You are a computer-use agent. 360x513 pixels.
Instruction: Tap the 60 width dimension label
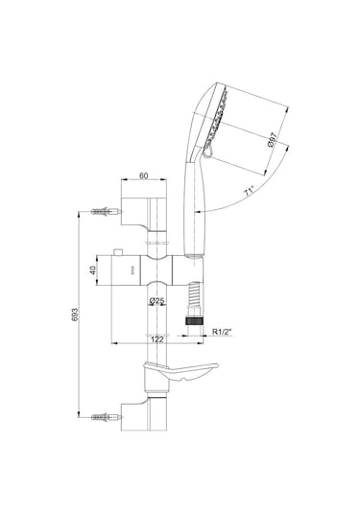coord(144,175)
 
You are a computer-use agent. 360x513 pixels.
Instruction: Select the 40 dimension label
coord(93,270)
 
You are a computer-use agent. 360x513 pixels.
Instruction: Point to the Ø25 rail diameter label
coord(156,300)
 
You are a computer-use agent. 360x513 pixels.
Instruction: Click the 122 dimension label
coord(156,339)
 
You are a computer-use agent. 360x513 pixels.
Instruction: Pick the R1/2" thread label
coord(222,332)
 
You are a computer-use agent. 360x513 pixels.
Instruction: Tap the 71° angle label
coord(249,191)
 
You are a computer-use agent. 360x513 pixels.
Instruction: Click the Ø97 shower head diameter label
coord(272,140)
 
